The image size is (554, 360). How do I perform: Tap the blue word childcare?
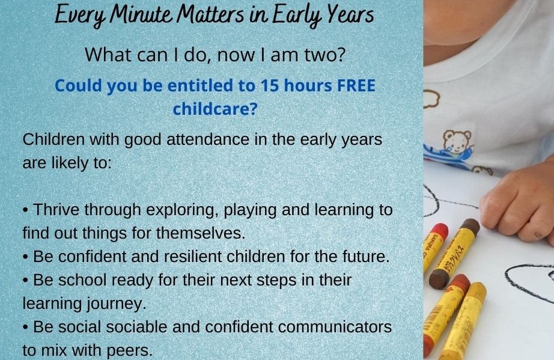click(x=215, y=108)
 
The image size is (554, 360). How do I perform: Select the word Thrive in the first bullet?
click(x=56, y=210)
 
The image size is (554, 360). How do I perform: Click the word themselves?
click(x=201, y=233)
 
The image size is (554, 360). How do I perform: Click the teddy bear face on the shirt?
click(x=457, y=142)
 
